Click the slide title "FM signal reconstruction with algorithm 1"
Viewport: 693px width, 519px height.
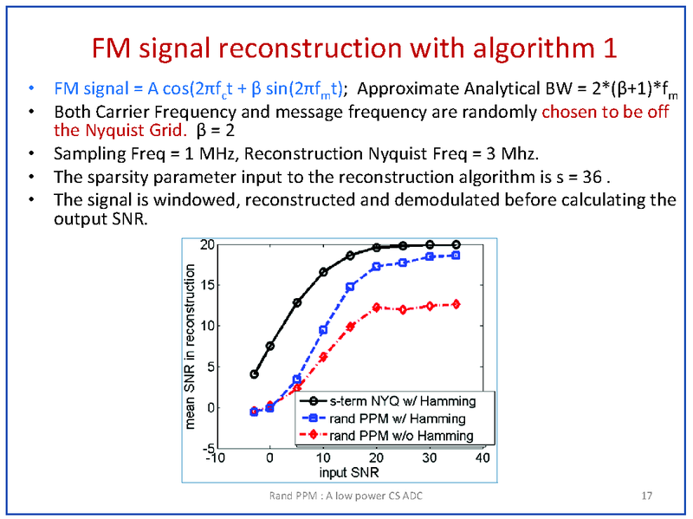[353, 47]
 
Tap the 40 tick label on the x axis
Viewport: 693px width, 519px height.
[483, 457]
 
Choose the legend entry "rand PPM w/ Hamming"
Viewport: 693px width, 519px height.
[401, 418]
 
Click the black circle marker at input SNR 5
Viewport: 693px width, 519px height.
[297, 302]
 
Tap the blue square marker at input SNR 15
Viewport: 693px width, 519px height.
[351, 287]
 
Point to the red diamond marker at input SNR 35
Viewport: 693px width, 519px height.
[457, 304]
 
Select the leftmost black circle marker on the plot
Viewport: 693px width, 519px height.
[254, 374]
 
